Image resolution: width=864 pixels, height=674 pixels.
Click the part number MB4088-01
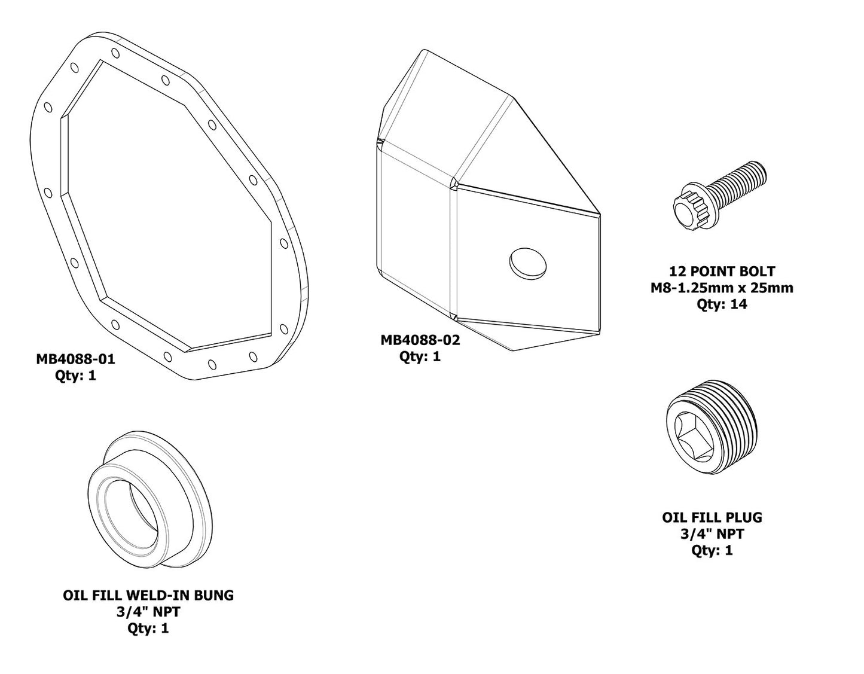click(x=75, y=359)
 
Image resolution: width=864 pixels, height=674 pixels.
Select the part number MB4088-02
click(x=420, y=340)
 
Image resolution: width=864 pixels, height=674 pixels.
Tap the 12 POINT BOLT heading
click(x=722, y=272)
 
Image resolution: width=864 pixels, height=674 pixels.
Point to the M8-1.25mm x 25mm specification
click(x=722, y=288)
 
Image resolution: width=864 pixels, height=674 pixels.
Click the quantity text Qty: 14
click(x=722, y=304)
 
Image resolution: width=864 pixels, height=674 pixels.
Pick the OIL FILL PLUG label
click(x=712, y=517)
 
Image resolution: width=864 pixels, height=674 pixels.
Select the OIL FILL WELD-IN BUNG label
click(x=148, y=596)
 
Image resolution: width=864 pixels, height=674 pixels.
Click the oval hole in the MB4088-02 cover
click(x=528, y=263)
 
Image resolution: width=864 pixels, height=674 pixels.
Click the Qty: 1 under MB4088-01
click(x=75, y=376)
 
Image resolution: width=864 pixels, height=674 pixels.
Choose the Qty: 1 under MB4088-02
click(x=420, y=357)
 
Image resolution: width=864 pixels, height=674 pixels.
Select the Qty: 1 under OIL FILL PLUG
click(x=712, y=550)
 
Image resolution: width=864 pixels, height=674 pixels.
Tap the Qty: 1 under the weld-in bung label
click(x=148, y=629)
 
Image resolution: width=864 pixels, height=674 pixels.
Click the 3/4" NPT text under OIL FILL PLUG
click(x=712, y=533)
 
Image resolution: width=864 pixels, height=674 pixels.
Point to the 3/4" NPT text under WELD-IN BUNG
click(x=148, y=612)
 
